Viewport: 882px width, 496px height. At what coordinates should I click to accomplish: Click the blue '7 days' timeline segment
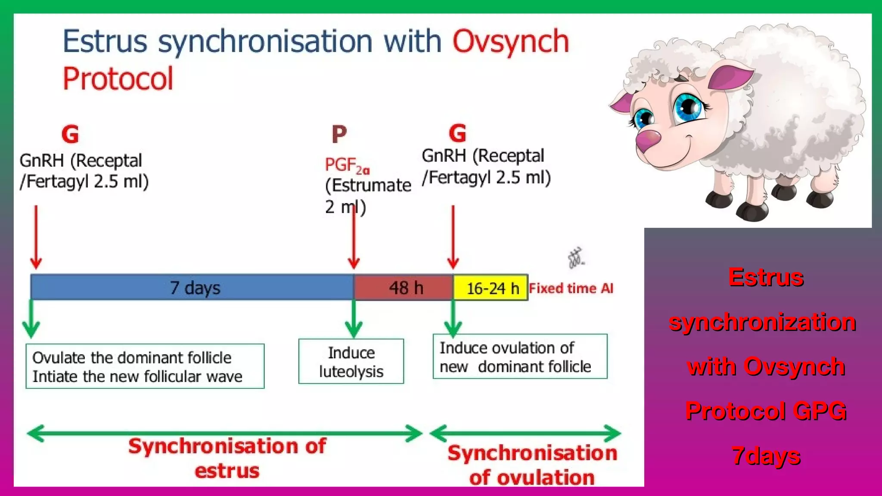pyautogui.click(x=192, y=287)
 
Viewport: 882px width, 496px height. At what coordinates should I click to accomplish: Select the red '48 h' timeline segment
pyautogui.click(x=404, y=287)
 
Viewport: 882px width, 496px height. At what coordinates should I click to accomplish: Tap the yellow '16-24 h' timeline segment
pyautogui.click(x=491, y=288)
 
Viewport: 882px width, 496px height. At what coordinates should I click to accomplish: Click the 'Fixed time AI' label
pyautogui.click(x=571, y=288)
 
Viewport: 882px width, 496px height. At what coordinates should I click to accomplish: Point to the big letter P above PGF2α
pyautogui.click(x=339, y=134)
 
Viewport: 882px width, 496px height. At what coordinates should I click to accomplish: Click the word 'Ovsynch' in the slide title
pyautogui.click(x=510, y=42)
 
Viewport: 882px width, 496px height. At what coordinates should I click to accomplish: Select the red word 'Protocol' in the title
pyautogui.click(x=118, y=79)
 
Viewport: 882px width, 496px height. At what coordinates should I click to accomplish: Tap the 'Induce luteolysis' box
pyautogui.click(x=351, y=361)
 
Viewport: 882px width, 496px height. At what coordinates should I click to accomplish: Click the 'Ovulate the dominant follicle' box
pyautogui.click(x=145, y=366)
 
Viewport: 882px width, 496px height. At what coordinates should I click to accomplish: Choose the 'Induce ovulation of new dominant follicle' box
pyautogui.click(x=520, y=356)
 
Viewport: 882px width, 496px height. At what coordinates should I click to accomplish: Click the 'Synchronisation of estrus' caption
pyautogui.click(x=227, y=458)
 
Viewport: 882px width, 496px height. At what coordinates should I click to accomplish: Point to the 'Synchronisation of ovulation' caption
pyautogui.click(x=532, y=465)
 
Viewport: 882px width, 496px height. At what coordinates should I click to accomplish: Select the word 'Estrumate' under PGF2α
pyautogui.click(x=371, y=186)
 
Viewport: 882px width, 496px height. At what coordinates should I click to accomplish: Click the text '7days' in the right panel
pyautogui.click(x=766, y=456)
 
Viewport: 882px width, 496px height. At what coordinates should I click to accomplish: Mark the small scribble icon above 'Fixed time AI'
pyautogui.click(x=576, y=258)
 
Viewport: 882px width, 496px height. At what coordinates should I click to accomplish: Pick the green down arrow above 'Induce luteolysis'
pyautogui.click(x=354, y=319)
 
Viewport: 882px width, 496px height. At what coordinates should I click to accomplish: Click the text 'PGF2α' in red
pyautogui.click(x=347, y=165)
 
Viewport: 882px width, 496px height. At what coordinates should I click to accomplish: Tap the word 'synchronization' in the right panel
pyautogui.click(x=762, y=322)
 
